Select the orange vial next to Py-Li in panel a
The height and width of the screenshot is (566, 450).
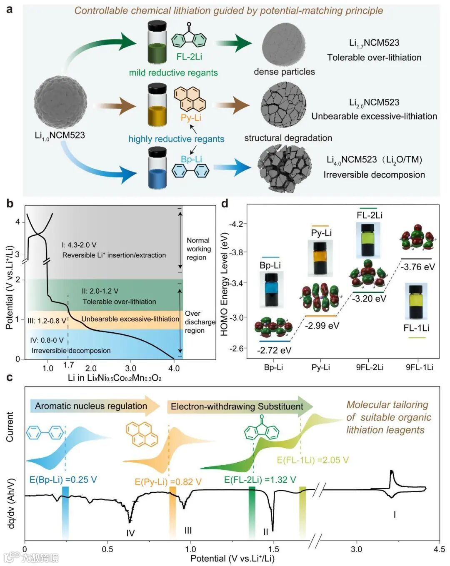(x=157, y=105)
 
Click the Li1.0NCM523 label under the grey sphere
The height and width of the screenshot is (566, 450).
(x=60, y=135)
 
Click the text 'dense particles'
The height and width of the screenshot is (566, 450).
(x=284, y=72)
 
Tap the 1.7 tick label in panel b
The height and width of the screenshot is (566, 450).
(x=69, y=365)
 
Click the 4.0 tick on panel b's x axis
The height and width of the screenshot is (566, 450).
(x=174, y=368)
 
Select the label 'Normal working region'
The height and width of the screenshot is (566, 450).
(x=198, y=249)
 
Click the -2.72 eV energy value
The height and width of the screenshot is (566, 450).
(x=274, y=350)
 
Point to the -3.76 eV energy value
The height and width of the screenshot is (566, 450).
(x=417, y=267)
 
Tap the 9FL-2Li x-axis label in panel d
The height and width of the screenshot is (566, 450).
(x=370, y=367)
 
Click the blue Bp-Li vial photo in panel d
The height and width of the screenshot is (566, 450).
(x=271, y=289)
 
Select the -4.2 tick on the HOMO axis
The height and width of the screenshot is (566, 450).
(x=236, y=224)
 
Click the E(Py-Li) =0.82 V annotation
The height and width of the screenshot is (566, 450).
(x=168, y=482)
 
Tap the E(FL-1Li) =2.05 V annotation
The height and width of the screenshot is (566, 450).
(x=312, y=460)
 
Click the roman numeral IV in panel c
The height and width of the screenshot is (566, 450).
(x=130, y=533)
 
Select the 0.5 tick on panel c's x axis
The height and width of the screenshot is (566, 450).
(x=107, y=549)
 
